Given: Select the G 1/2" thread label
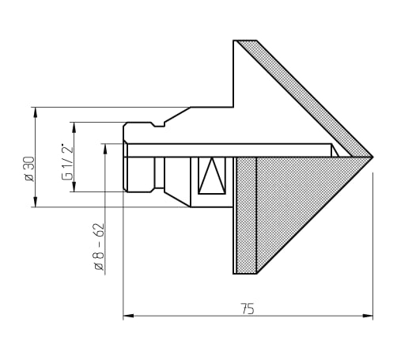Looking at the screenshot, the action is [67, 162].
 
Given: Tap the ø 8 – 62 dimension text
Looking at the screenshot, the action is [100, 247].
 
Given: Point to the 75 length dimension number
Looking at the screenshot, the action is [248, 309].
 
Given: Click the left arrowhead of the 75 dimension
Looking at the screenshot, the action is [128, 316].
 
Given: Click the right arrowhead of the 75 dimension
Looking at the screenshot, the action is [368, 316].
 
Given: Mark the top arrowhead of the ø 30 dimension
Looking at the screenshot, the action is [36, 112].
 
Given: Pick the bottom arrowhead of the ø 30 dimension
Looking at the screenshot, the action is [36, 202].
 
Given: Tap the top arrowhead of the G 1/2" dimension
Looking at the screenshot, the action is [74, 127].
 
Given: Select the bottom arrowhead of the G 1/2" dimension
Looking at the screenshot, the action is [74, 187].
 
